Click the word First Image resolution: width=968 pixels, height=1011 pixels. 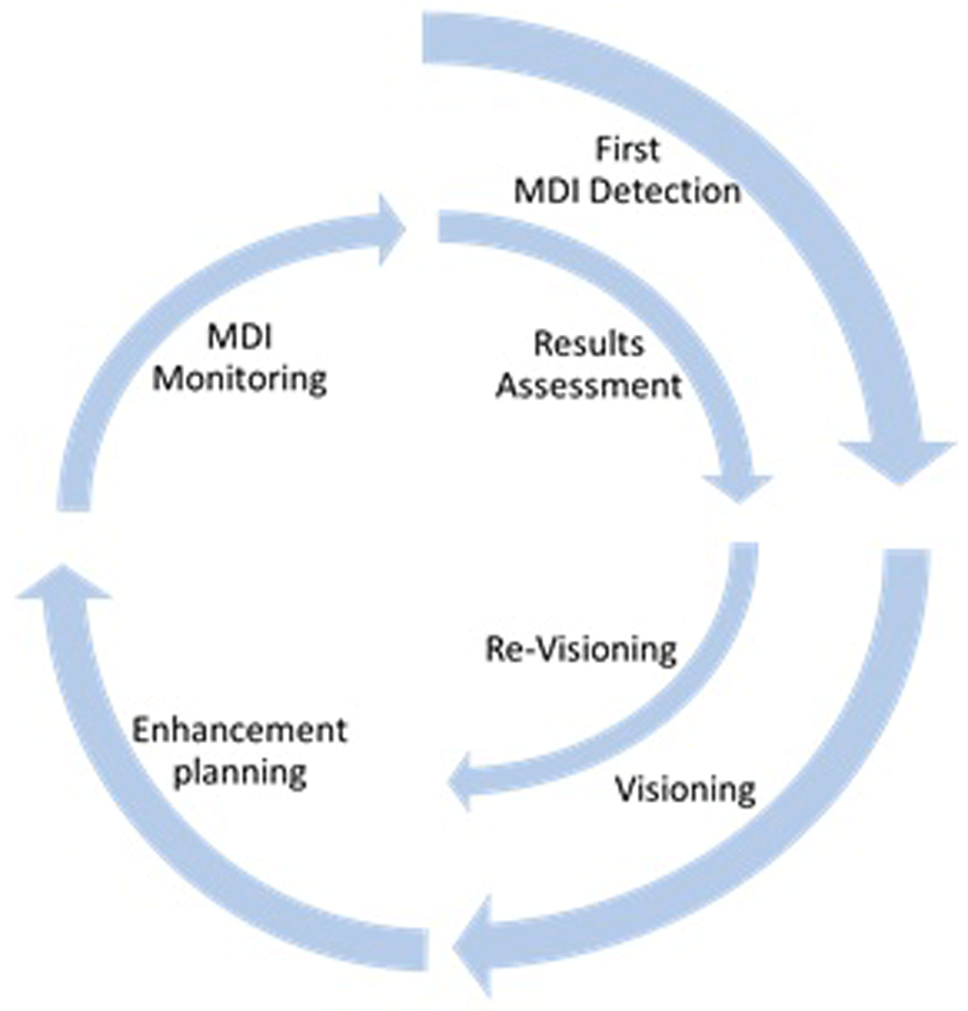pos(627,150)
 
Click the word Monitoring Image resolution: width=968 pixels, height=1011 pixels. pos(239,379)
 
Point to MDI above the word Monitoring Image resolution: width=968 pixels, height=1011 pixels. pos(239,338)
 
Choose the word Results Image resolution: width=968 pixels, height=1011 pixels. pos(589,343)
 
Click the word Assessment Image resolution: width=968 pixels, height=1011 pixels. pos(589,386)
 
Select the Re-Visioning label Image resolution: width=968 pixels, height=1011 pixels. pos(581,649)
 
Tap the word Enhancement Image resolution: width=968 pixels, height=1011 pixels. pos(239,730)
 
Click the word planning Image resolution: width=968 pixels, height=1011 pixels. pos(239,773)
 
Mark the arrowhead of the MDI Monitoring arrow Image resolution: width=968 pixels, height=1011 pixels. pos(392,230)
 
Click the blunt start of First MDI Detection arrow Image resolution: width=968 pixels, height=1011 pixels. pos(423,38)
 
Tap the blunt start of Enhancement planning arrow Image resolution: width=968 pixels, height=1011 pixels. pos(426,949)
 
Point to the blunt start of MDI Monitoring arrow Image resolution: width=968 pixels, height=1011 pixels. pos(74,509)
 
